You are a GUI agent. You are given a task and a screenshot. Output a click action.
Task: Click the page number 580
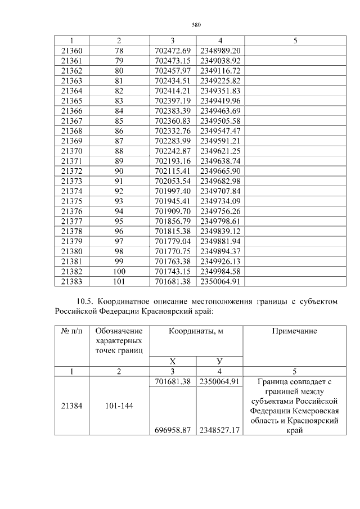196,25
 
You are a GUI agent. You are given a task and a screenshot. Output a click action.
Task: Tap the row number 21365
71,101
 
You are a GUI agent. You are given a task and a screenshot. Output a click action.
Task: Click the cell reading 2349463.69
220,110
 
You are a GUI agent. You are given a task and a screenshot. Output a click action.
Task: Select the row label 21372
71,170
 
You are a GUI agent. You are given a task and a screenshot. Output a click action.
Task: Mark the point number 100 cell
119,271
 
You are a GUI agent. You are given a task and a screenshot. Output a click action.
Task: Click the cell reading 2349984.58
220,271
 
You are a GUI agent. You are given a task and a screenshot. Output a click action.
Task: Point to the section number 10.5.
88,301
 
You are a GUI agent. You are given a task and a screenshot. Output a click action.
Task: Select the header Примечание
294,331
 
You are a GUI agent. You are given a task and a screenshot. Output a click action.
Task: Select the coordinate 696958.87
172,430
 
